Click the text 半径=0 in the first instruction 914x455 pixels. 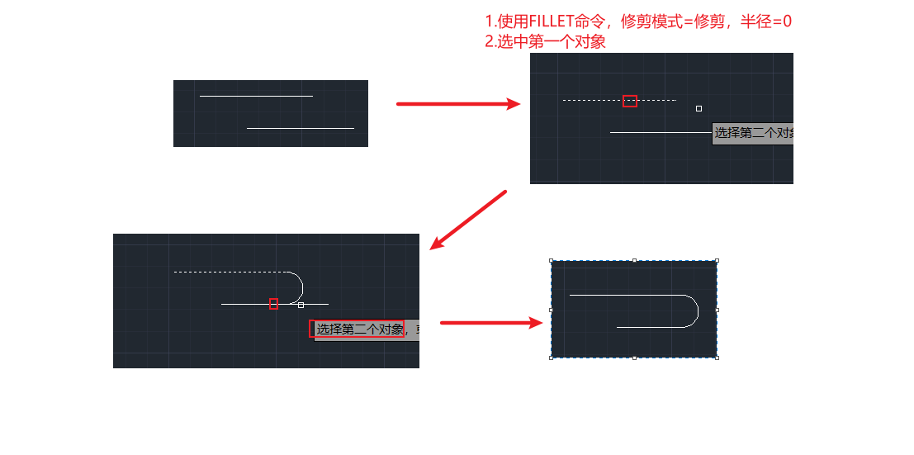pyautogui.click(x=766, y=21)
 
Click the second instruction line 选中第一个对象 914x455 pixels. pyautogui.click(x=545, y=42)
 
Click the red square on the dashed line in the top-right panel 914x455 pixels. pyautogui.click(x=630, y=101)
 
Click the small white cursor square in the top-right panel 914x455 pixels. pyautogui.click(x=699, y=108)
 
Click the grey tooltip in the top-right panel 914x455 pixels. pyautogui.click(x=752, y=133)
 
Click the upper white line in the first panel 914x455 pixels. pyautogui.click(x=256, y=96)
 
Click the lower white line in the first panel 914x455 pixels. pyautogui.click(x=300, y=128)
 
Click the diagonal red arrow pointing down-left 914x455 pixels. pyautogui.click(x=468, y=220)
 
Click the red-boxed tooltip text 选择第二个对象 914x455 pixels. pyautogui.click(x=357, y=329)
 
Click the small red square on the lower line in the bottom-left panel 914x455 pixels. pyautogui.click(x=273, y=304)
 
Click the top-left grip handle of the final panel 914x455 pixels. pyautogui.click(x=552, y=262)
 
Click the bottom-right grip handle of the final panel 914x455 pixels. pyautogui.click(x=717, y=358)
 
